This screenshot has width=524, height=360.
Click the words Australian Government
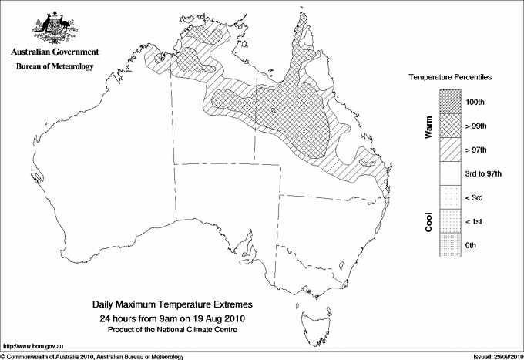coord(54,52)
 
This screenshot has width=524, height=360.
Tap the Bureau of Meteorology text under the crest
coord(54,67)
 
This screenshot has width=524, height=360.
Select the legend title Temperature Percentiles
coord(451,78)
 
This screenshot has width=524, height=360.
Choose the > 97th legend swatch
coord(451,150)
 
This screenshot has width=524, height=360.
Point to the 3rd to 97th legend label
coord(484,173)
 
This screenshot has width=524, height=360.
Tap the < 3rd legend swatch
coord(451,197)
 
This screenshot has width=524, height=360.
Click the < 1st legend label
coord(475,221)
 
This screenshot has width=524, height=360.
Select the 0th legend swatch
coord(451,245)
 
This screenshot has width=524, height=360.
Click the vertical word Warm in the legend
coord(428,127)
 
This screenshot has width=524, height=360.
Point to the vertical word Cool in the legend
coord(428,221)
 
